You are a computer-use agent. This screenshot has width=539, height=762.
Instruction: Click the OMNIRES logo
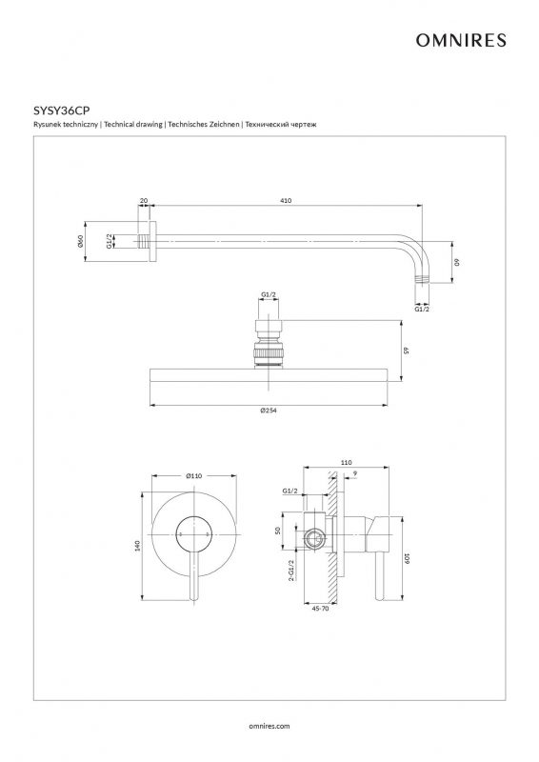(461, 40)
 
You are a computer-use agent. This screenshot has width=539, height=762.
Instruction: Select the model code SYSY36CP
(62, 110)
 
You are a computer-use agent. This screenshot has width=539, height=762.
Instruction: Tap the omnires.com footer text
(269, 726)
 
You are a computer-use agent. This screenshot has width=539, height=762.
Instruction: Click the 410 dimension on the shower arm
(287, 200)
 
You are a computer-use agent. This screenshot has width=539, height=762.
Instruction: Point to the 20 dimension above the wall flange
(144, 200)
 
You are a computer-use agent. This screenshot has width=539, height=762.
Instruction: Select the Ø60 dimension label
(80, 241)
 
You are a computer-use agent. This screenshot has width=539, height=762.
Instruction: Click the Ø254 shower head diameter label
(269, 411)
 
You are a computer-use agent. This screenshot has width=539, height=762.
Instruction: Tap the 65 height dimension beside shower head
(408, 350)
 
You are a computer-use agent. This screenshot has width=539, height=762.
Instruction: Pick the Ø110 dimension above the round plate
(193, 475)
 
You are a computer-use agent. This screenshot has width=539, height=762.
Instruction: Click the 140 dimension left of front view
(137, 545)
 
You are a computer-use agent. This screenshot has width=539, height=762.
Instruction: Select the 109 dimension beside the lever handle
(408, 559)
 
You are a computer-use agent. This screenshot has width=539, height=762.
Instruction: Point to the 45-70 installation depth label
(319, 608)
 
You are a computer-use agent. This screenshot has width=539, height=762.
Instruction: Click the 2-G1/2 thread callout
(291, 571)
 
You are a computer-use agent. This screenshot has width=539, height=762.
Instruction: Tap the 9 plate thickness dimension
(355, 472)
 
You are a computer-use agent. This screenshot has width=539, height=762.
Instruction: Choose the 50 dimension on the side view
(278, 531)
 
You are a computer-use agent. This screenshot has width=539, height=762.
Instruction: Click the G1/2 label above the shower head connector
(269, 294)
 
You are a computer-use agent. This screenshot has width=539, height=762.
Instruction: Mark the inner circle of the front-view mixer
(194, 533)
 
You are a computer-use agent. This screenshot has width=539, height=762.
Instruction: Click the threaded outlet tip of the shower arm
(423, 280)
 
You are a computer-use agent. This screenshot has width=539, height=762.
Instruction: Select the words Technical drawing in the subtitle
(133, 125)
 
